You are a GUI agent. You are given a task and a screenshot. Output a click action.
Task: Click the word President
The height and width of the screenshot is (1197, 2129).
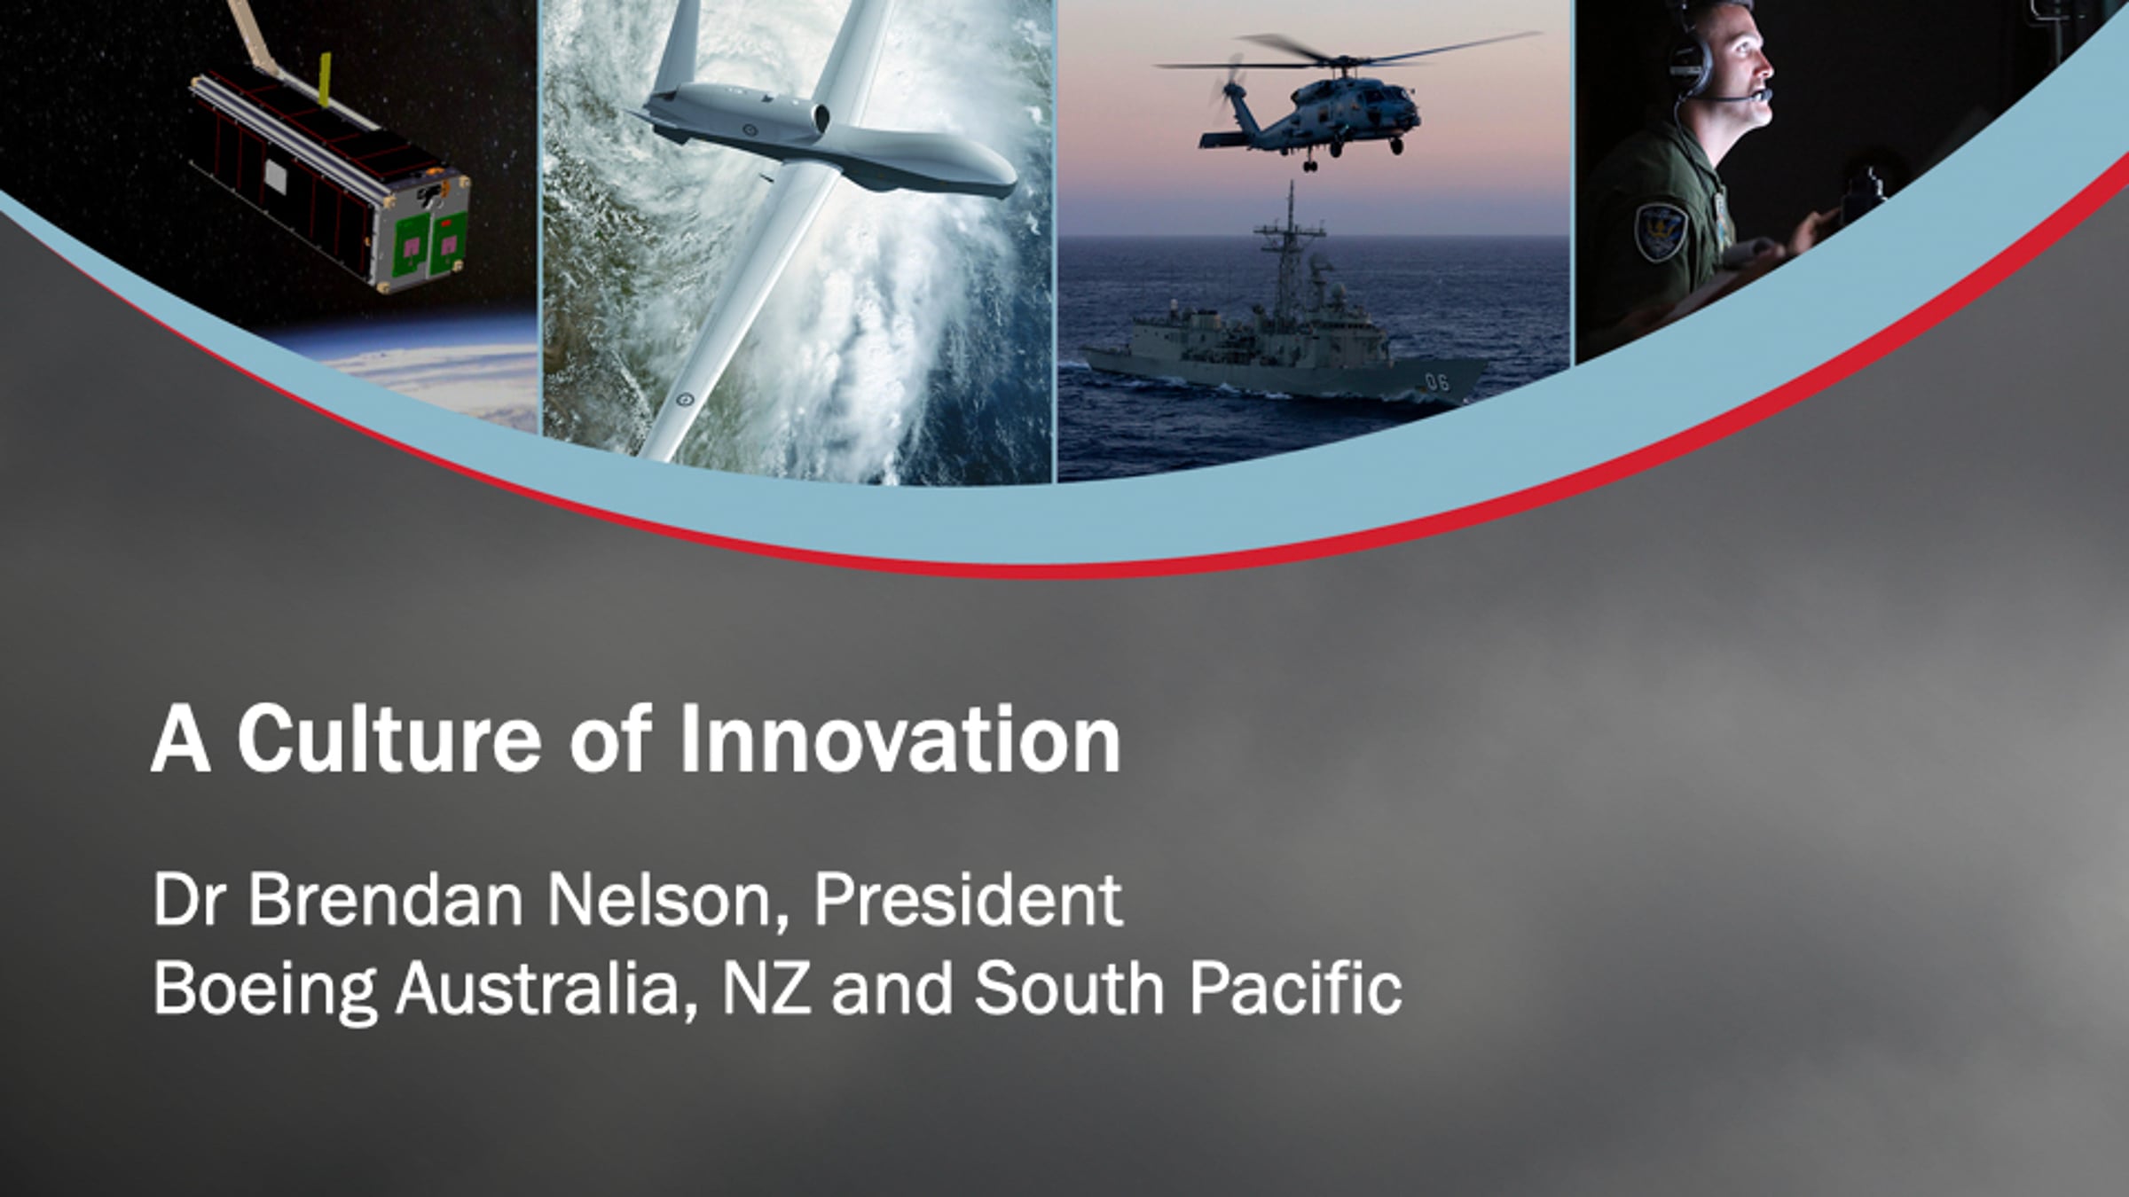[968, 900]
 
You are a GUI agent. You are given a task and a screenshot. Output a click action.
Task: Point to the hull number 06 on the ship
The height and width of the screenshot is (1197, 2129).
[1436, 382]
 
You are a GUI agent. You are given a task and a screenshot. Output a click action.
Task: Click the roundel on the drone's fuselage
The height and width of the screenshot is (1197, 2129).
[751, 130]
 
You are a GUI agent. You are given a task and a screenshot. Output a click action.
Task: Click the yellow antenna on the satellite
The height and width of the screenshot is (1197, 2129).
[325, 80]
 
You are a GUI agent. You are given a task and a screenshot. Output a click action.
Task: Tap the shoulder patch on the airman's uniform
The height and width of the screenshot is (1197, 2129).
[1659, 231]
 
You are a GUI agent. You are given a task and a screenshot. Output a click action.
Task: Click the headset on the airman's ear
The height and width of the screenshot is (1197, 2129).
[1690, 62]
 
